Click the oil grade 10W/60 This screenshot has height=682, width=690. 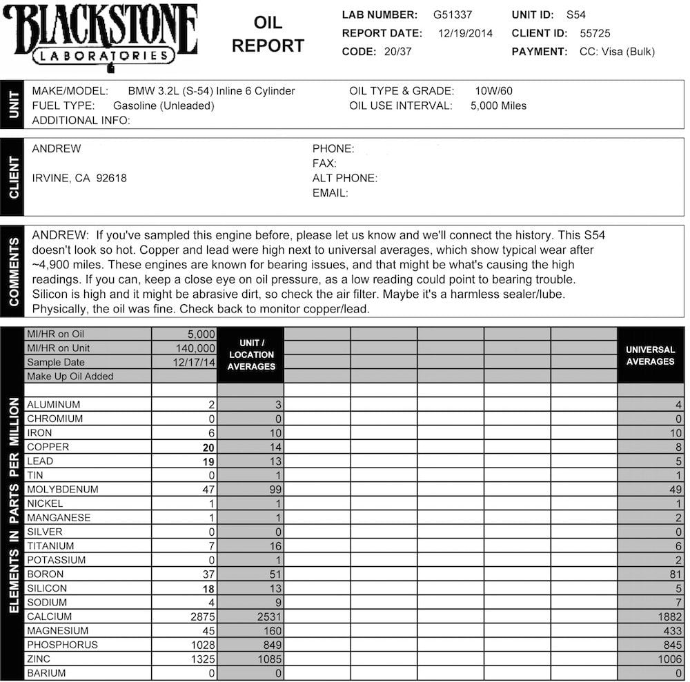pos(493,91)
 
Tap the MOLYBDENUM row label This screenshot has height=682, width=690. pos(63,490)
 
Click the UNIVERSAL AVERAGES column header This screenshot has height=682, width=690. pos(650,355)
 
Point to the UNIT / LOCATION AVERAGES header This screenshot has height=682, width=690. pos(251,354)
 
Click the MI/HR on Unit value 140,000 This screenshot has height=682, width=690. pos(196,348)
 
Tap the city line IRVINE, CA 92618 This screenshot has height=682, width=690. pos(79,178)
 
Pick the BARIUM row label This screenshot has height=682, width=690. pos(47,674)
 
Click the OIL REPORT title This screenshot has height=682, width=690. pos(268,34)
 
